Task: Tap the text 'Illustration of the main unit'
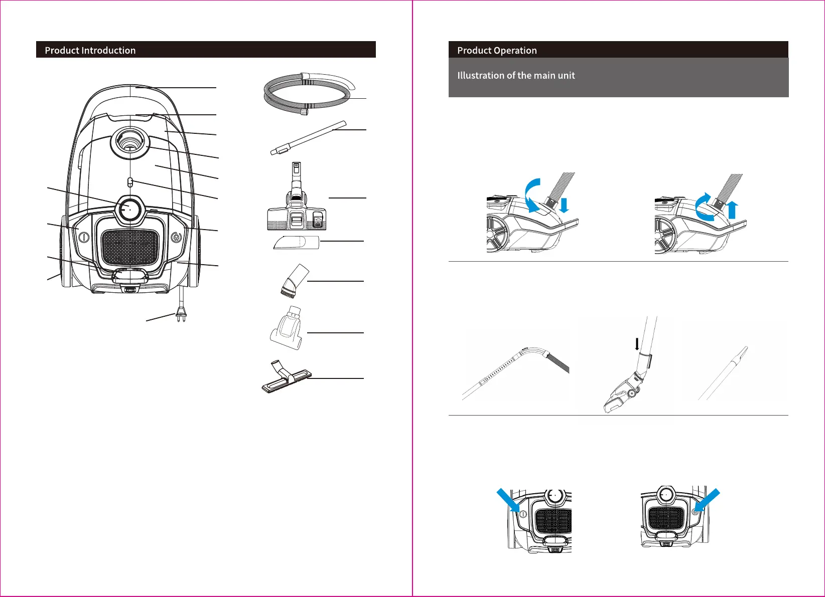[x=516, y=75]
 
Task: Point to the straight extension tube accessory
[x=309, y=136]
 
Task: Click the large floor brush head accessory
[x=297, y=211]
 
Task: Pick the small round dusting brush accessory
[x=294, y=281]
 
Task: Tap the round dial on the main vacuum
[x=129, y=209]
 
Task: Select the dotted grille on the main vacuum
[x=130, y=247]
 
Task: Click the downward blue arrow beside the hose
[x=564, y=205]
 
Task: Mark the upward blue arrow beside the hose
[x=732, y=209]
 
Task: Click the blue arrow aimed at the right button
[x=708, y=500]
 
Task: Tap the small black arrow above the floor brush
[x=637, y=344]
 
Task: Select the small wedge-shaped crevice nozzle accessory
[x=297, y=243]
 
